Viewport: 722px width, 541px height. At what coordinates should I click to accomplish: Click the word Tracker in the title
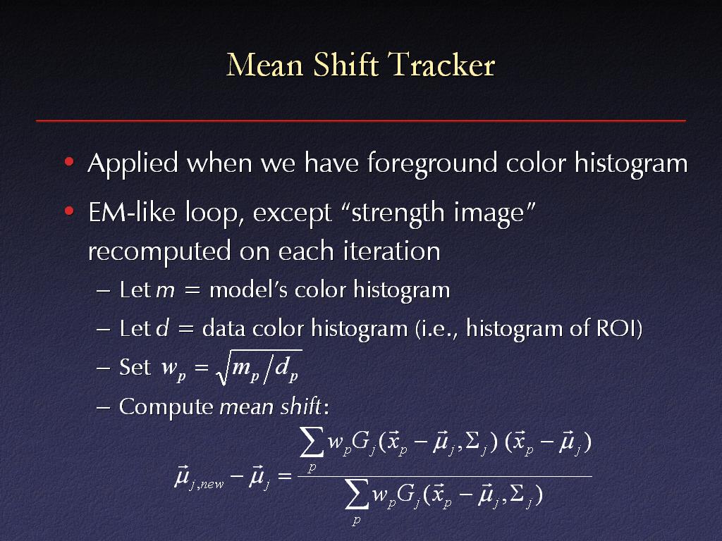coord(441,64)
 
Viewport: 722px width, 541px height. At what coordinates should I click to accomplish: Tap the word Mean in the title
coord(265,64)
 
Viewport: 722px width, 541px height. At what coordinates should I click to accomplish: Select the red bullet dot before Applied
coord(70,161)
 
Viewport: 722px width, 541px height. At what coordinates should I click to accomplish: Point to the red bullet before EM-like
coord(70,211)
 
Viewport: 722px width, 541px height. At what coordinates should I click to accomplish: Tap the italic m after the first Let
coord(165,291)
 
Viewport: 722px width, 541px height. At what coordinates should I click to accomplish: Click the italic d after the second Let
coord(163,328)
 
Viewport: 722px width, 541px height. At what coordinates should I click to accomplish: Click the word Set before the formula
coord(135,367)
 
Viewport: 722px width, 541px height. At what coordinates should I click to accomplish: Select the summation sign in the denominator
coord(357,495)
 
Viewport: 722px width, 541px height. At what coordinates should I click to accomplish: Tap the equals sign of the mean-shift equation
coord(285,475)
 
